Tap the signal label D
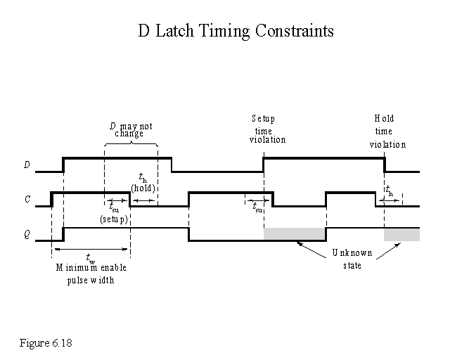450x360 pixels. tap(27, 165)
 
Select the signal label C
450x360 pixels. tap(27, 200)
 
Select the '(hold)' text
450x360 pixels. tap(143, 188)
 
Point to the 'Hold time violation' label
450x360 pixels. tap(387, 131)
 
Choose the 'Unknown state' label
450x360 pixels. tap(346, 259)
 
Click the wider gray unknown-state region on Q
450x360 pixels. tap(295, 234)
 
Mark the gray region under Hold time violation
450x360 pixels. tap(401, 234)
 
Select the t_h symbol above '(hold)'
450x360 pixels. tap(142, 178)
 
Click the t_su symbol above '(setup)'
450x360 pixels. tap(114, 207)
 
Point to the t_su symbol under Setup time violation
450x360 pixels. tap(258, 207)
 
